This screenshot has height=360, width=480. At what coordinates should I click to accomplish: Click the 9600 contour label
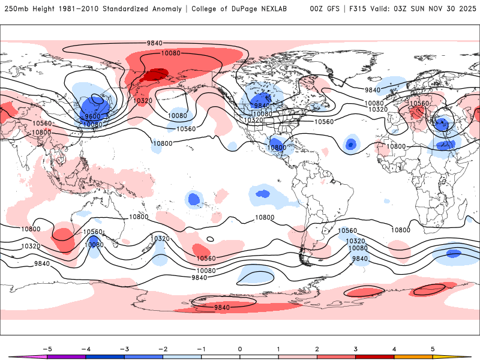[x=92, y=116]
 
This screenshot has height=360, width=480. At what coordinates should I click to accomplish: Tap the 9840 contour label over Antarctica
[x=222, y=307]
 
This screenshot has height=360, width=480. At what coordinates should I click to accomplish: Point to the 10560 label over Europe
[x=419, y=103]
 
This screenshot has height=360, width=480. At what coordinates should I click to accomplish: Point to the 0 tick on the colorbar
[x=240, y=349]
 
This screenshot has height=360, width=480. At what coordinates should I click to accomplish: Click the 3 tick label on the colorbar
[x=355, y=349]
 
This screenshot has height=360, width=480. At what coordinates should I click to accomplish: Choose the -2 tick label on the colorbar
[x=163, y=349]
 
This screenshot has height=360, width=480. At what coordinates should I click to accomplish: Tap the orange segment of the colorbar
[x=413, y=356]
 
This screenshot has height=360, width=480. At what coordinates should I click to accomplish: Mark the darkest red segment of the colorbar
[x=374, y=356]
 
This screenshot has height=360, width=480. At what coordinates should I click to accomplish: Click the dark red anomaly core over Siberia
[x=152, y=76]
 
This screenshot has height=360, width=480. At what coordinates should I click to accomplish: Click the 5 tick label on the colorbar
[x=433, y=349]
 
